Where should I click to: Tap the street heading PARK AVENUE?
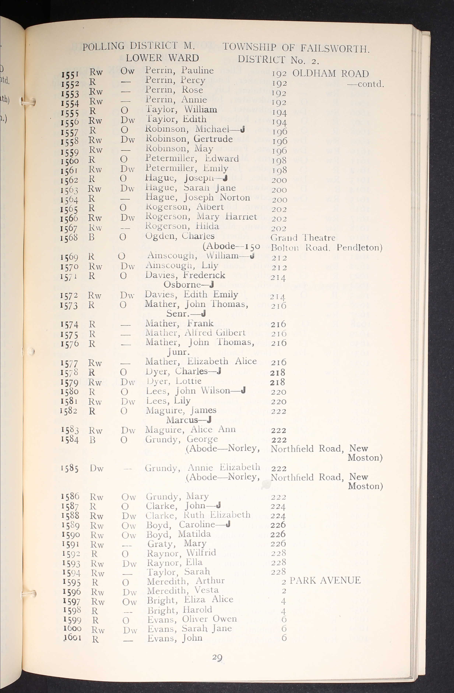[325, 580]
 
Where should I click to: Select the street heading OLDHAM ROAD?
[330, 73]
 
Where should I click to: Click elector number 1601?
[73, 637]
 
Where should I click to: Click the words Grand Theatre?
[303, 238]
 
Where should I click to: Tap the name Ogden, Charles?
[180, 236]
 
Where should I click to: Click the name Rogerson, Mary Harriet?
[201, 217]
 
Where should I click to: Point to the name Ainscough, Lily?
[182, 265]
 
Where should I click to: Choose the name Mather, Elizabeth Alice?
[201, 361]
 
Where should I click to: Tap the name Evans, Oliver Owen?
[192, 619]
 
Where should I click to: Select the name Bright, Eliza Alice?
[190, 600]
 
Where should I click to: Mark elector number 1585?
[70, 468]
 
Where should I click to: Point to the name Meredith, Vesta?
[183, 590]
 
